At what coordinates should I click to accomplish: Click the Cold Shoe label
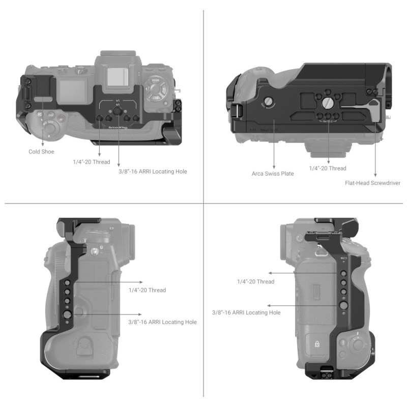(x=42, y=152)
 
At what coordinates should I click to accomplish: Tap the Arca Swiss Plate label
(x=273, y=173)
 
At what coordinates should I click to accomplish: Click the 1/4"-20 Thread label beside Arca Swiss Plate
(x=328, y=168)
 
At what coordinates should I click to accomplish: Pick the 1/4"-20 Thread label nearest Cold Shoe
(x=98, y=162)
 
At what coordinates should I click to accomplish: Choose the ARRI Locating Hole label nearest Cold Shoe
(x=152, y=171)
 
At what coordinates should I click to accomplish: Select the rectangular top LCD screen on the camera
(x=73, y=90)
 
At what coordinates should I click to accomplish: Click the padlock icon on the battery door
(x=316, y=344)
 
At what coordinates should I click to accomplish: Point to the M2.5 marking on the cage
(x=343, y=258)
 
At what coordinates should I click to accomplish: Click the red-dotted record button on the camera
(x=63, y=120)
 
